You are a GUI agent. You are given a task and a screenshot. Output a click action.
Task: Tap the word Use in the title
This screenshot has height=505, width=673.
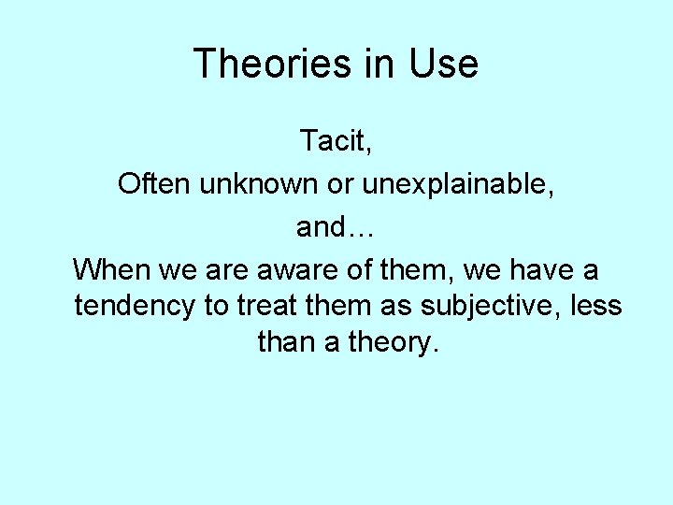point(443,64)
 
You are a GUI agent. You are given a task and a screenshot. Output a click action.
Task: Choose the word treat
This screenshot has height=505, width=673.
point(271,306)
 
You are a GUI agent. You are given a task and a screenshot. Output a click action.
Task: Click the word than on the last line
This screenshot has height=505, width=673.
point(287,342)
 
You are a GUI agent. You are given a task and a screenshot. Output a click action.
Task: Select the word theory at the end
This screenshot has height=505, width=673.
point(393,343)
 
